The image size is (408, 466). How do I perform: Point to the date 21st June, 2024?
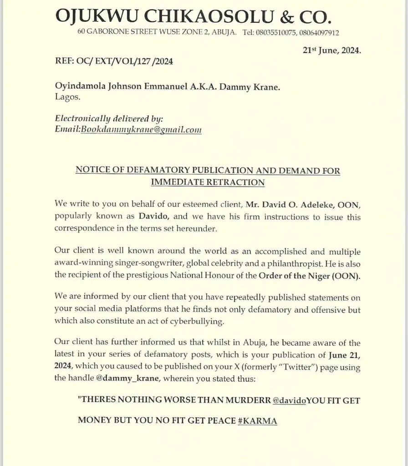pos(332,51)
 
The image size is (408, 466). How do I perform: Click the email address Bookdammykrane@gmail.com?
pos(141,130)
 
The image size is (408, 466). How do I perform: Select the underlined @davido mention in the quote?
pos(289,401)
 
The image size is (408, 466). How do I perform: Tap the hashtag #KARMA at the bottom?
pos(258,420)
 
